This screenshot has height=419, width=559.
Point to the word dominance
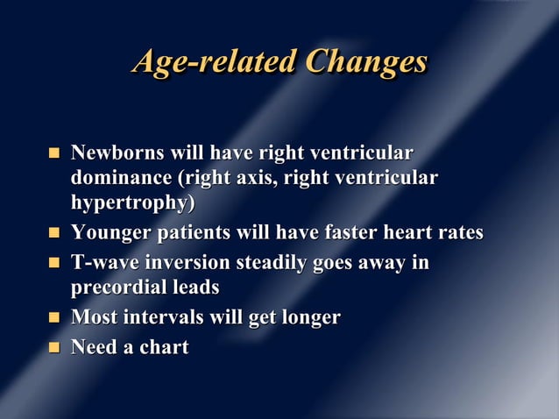click(x=121, y=180)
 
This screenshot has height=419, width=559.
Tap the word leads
click(x=195, y=288)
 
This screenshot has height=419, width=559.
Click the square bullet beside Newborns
click(x=54, y=155)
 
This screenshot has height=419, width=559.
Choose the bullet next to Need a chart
click(x=54, y=348)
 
